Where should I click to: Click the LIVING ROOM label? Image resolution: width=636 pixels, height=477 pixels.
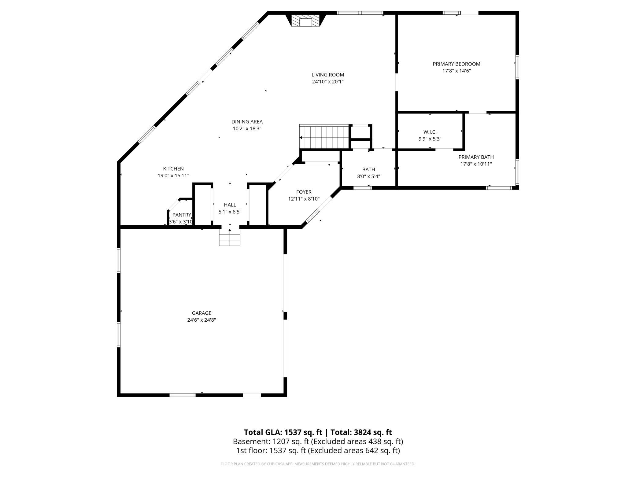pos(328,75)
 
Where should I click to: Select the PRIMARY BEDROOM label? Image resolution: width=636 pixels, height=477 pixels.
pos(457,64)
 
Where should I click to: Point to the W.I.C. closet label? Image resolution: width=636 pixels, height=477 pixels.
pos(430,132)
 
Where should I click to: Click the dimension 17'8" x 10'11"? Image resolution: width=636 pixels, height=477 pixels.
pos(476,164)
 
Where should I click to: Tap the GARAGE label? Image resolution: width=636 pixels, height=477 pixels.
pos(202,313)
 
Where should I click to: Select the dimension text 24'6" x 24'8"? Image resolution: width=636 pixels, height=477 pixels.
pos(202,320)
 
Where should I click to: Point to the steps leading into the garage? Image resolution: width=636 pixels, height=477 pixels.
pos(230,237)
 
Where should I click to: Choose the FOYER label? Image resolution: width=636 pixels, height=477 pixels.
pos(304,192)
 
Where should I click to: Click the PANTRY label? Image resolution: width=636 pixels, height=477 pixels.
pos(182,215)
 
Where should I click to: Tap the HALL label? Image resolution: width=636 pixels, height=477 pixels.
pos(230,205)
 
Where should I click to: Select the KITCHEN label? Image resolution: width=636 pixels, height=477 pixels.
pos(173,169)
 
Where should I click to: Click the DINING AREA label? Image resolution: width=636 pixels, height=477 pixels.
pos(247,122)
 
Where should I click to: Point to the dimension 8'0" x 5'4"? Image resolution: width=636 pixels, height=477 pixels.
pos(368,176)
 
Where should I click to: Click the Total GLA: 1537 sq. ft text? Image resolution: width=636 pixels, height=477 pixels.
pos(283,432)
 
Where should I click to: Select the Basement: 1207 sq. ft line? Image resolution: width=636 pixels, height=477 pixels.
pos(318,442)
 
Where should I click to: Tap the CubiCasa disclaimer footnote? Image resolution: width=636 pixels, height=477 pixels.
pos(318,464)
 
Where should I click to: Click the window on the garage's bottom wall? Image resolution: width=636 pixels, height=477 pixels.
pos(183,395)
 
